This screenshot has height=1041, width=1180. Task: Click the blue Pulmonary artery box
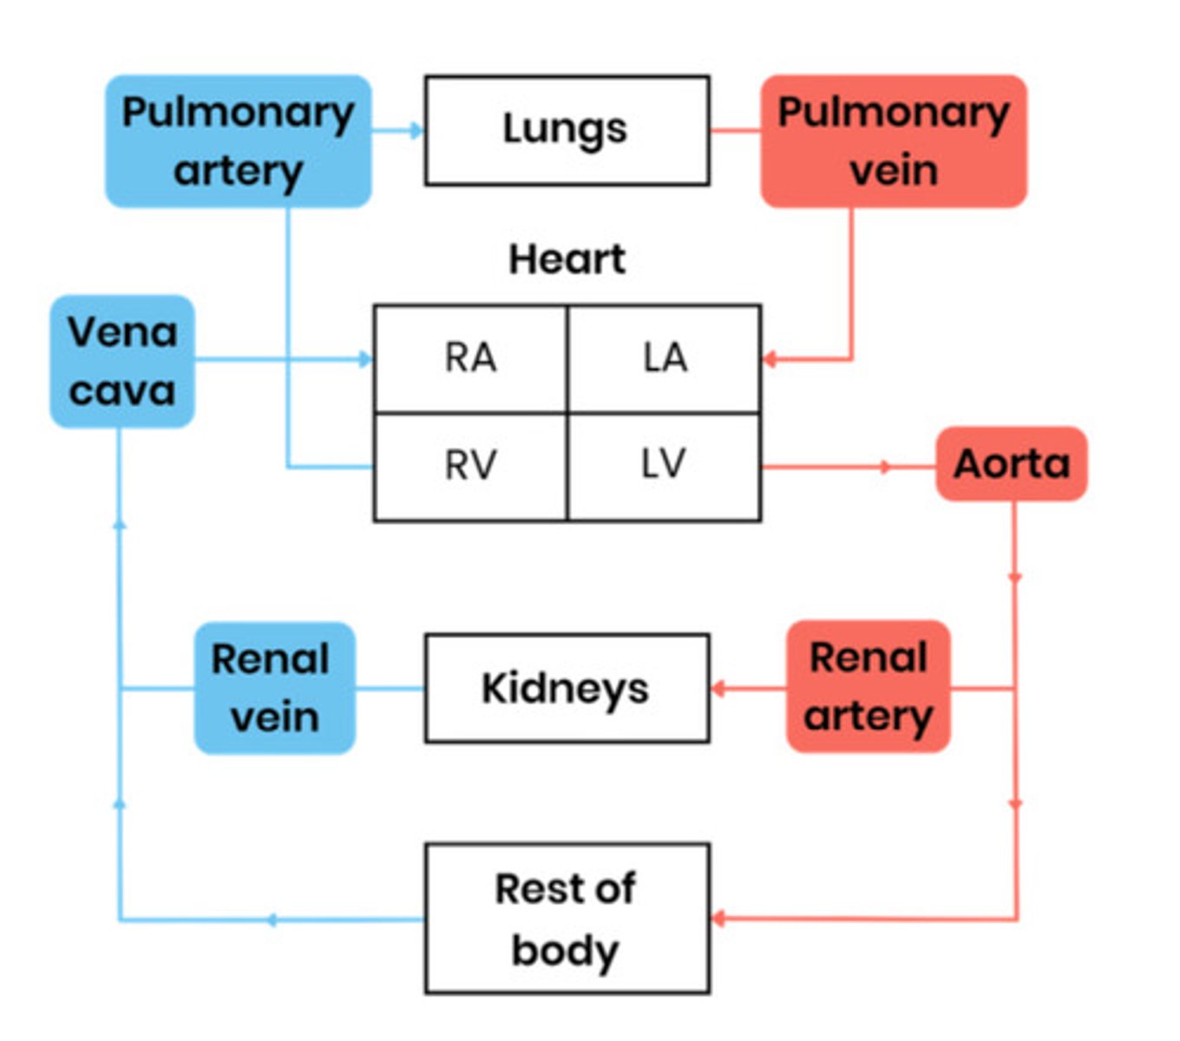(239, 141)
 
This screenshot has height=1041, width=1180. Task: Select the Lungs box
(567, 130)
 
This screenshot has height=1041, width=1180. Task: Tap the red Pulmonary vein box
(894, 141)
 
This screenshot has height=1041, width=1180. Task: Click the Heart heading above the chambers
(567, 259)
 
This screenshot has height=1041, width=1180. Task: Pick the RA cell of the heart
(470, 358)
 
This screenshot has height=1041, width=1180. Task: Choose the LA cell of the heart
(665, 358)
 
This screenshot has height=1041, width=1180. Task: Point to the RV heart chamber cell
(470, 467)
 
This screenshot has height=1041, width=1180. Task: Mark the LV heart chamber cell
(665, 467)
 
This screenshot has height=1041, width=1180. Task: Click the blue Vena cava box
(122, 362)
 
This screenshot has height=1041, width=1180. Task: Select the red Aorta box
(1011, 464)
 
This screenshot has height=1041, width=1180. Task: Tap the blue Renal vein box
(274, 688)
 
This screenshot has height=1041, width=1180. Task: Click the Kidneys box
(567, 688)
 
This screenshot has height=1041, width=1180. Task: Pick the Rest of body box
(567, 919)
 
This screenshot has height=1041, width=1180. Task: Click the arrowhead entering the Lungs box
(417, 131)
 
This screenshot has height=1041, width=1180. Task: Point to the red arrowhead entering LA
(769, 359)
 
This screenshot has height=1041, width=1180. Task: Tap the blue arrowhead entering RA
(366, 359)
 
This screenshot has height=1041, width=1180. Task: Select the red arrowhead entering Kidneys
(718, 690)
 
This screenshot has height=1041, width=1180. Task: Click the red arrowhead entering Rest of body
(718, 919)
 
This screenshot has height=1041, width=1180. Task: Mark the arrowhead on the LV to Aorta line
(885, 468)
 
